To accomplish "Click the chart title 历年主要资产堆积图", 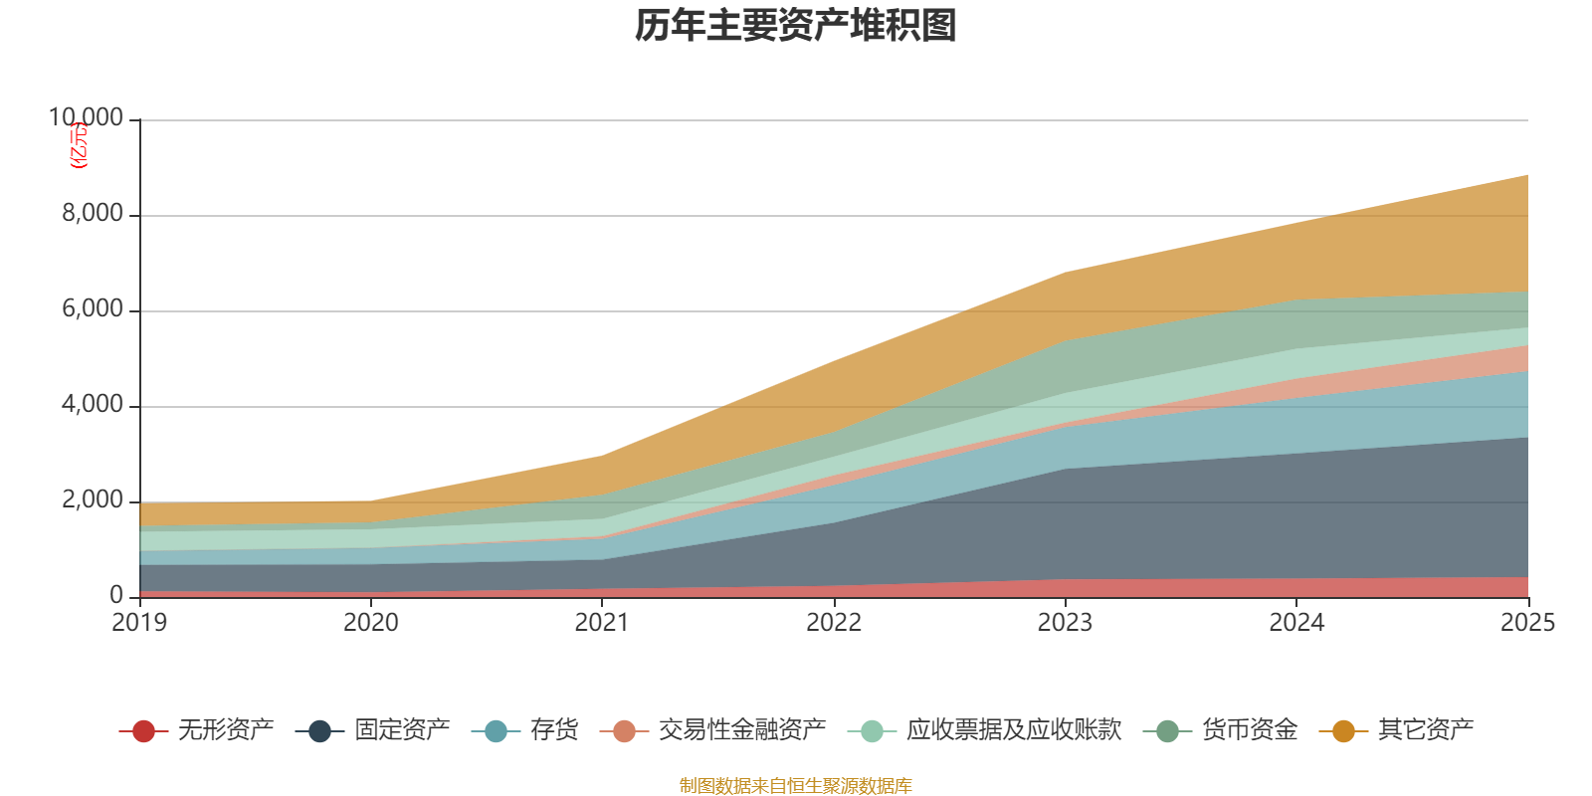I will pyautogui.click(x=796, y=26).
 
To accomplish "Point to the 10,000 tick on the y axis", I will pyautogui.click(x=87, y=118).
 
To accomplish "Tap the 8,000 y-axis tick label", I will pyautogui.click(x=93, y=214).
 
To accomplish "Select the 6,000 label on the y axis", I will pyautogui.click(x=93, y=309).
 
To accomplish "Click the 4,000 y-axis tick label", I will pyautogui.click(x=93, y=405).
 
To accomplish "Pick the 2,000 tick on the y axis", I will pyautogui.click(x=93, y=500).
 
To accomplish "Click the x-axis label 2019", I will pyautogui.click(x=139, y=623).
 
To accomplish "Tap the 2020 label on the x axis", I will pyautogui.click(x=371, y=623).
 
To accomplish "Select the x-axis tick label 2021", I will pyautogui.click(x=602, y=623).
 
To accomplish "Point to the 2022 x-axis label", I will pyautogui.click(x=834, y=623).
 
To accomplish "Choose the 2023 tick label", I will pyautogui.click(x=1065, y=623).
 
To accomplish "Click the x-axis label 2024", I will pyautogui.click(x=1296, y=623).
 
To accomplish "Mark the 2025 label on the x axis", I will pyautogui.click(x=1527, y=623).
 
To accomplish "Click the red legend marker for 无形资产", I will pyautogui.click(x=143, y=731).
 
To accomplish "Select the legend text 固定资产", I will pyautogui.click(x=402, y=730).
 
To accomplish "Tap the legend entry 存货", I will pyautogui.click(x=554, y=730).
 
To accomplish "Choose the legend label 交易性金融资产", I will pyautogui.click(x=741, y=730).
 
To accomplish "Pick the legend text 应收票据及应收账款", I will pyautogui.click(x=1013, y=730).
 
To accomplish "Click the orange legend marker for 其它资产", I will pyautogui.click(x=1343, y=731).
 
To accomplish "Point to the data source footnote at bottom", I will pyautogui.click(x=796, y=786).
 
